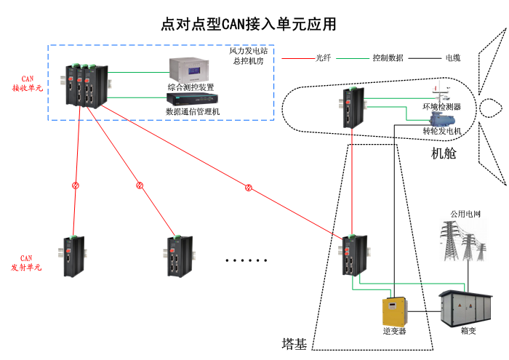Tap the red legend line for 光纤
click(x=297, y=57)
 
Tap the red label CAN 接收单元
click(x=28, y=83)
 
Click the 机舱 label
click(x=444, y=153)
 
